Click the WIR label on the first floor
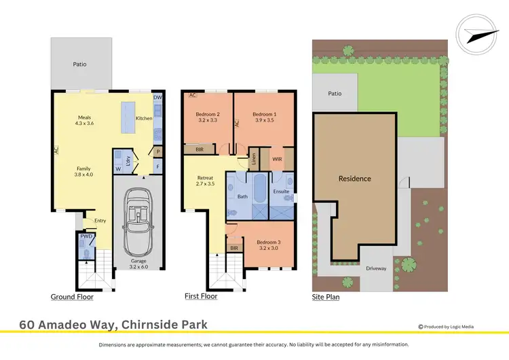(277, 159)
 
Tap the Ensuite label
(280, 192)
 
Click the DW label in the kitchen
(157, 98)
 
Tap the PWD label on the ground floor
(86, 236)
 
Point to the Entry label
(100, 220)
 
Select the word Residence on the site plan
(355, 179)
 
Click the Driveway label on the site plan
(376, 268)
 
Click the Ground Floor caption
(72, 297)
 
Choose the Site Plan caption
(326, 297)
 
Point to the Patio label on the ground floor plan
(80, 65)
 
